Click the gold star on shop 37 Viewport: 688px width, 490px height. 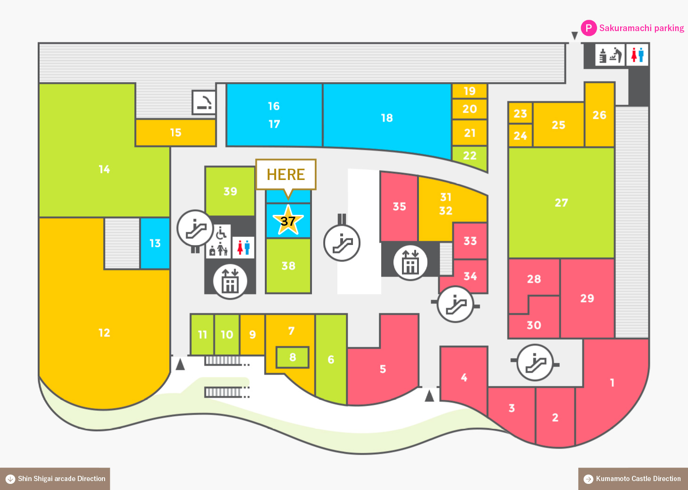click(x=288, y=220)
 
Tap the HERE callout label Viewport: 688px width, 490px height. click(x=286, y=174)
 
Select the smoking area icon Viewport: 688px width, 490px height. click(x=204, y=102)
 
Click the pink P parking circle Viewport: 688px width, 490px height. click(x=589, y=28)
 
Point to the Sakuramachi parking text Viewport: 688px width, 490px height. click(x=642, y=28)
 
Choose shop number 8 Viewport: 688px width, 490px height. click(x=292, y=357)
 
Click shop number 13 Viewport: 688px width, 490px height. click(x=155, y=243)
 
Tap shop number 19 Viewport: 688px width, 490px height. click(x=470, y=91)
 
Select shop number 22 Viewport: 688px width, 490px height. click(x=470, y=155)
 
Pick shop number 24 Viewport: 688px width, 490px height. click(x=520, y=135)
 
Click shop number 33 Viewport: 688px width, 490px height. click(x=470, y=241)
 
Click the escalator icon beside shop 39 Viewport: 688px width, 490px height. click(x=196, y=228)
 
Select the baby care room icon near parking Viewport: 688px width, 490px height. click(x=610, y=55)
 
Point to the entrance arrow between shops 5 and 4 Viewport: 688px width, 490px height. click(x=429, y=395)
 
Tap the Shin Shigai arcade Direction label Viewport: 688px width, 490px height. click(x=61, y=478)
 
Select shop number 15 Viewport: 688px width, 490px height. click(x=176, y=132)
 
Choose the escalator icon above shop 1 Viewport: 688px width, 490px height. click(x=535, y=362)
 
